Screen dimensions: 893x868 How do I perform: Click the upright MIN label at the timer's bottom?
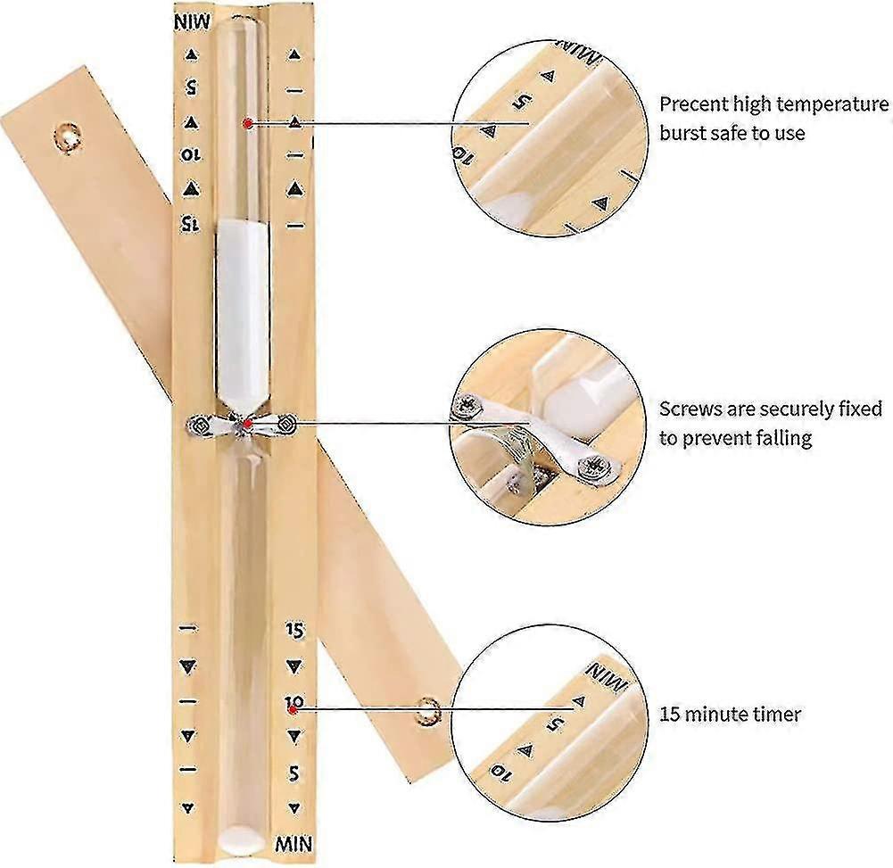tap(294, 844)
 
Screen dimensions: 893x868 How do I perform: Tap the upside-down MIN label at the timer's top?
tap(192, 23)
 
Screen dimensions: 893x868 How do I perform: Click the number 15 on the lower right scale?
tap(294, 629)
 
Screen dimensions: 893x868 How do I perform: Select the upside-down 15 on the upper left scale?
tap(191, 224)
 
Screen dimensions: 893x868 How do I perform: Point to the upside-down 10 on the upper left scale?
tap(191, 155)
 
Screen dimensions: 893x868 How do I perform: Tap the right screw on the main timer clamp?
tap(287, 424)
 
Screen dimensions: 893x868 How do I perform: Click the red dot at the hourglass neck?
tap(247, 424)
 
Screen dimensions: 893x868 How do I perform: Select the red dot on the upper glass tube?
tap(247, 123)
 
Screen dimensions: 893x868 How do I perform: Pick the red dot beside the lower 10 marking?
tap(293, 710)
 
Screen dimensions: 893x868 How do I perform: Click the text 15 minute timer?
tap(730, 715)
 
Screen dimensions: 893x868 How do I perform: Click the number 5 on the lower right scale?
tap(294, 773)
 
